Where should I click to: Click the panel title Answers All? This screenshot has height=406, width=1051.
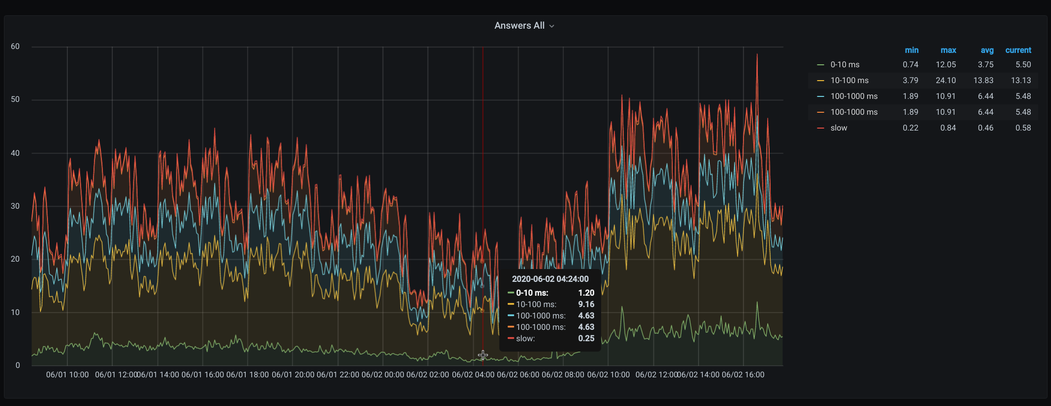pyautogui.click(x=519, y=26)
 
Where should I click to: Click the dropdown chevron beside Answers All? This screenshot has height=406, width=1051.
pyautogui.click(x=552, y=26)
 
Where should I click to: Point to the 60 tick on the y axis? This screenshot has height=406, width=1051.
pyautogui.click(x=15, y=46)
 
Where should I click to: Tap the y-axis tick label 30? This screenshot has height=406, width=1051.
pyautogui.click(x=15, y=206)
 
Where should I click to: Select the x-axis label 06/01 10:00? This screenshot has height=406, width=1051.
pyautogui.click(x=67, y=375)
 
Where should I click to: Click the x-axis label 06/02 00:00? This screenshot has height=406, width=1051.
pyautogui.click(x=383, y=375)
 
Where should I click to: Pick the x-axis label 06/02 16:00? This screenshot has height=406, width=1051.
pyautogui.click(x=743, y=375)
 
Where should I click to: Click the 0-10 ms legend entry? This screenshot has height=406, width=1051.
pyautogui.click(x=845, y=65)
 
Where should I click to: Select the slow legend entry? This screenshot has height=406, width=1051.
pyautogui.click(x=839, y=128)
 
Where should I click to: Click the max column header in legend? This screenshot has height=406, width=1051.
pyautogui.click(x=948, y=50)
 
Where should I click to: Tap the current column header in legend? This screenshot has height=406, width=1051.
pyautogui.click(x=1018, y=50)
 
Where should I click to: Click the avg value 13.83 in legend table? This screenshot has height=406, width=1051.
pyautogui.click(x=983, y=81)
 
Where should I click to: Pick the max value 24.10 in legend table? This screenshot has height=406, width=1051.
pyautogui.click(x=946, y=81)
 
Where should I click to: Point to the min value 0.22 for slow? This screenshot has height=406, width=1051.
pyautogui.click(x=911, y=128)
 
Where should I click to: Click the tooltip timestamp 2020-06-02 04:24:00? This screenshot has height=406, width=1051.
pyautogui.click(x=550, y=279)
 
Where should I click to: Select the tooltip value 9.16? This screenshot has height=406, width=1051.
pyautogui.click(x=586, y=305)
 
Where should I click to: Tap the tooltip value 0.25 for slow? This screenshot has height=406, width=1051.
pyautogui.click(x=586, y=339)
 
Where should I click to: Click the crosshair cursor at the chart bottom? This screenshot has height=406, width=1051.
pyautogui.click(x=483, y=355)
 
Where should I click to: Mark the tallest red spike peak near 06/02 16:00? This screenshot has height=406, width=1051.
pyautogui.click(x=757, y=54)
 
